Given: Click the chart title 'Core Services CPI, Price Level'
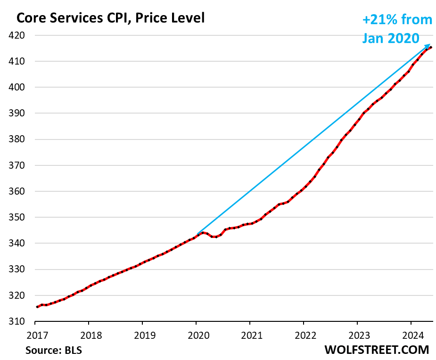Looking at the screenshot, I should click(x=110, y=18).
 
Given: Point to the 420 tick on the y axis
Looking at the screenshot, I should click(x=23, y=35).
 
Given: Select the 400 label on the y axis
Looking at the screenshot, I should click(x=23, y=88).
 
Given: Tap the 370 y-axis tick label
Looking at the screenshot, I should click(x=23, y=166).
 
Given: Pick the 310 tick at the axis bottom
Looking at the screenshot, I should click(x=23, y=322).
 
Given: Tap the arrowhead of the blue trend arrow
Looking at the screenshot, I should click(x=429, y=45).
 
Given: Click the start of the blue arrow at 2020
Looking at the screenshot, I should click(x=197, y=234).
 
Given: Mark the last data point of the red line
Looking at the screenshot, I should click(x=431, y=47).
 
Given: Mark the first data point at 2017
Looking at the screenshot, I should click(x=37, y=307).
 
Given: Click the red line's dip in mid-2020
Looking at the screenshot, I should click(x=214, y=237).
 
